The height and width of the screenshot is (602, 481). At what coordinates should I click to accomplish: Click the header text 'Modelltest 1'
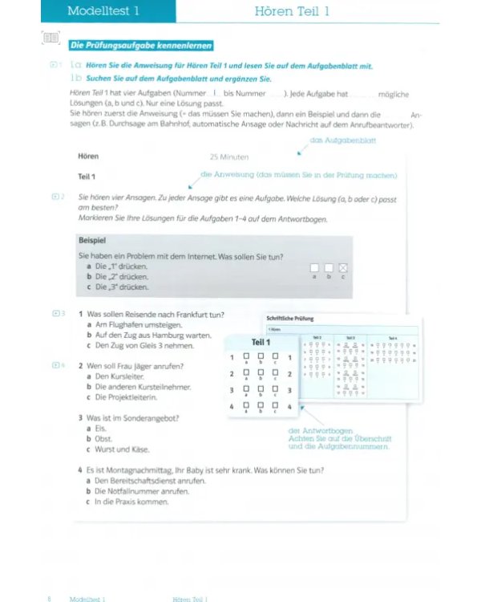[103, 10]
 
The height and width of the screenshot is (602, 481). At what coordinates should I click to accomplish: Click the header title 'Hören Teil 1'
[292, 10]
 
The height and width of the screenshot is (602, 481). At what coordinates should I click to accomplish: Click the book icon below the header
[51, 38]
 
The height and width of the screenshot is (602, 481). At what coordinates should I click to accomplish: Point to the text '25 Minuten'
[229, 157]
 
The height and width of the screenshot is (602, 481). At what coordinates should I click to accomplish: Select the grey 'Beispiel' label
[92, 240]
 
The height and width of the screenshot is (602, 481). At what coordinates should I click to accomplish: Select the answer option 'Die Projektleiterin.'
[126, 397]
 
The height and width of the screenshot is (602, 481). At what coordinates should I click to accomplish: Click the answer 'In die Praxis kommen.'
[131, 502]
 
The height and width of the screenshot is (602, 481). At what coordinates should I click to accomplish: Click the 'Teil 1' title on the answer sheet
[261, 342]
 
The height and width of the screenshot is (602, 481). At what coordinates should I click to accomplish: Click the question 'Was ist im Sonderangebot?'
[132, 417]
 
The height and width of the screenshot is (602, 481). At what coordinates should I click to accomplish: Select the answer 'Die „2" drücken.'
[121, 276]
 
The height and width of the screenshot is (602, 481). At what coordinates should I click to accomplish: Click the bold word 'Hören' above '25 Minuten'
[88, 157]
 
